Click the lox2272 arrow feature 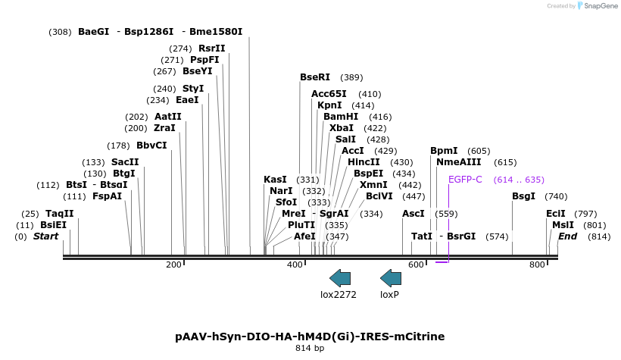[340, 278]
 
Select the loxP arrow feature [390, 278]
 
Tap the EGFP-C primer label [465, 180]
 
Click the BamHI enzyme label [341, 117]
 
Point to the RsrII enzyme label [212, 48]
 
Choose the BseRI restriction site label [315, 77]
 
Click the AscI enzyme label [413, 214]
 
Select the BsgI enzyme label [523, 196]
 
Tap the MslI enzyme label [563, 225]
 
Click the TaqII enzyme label [60, 214]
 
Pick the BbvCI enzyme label [151, 146]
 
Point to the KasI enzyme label [276, 180]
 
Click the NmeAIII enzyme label [459, 162]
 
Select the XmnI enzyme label [373, 185]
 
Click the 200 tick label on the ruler [173, 265]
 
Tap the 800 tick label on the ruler [537, 265]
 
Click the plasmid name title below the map [310, 336]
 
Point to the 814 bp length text [310, 349]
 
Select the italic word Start [45, 236]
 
